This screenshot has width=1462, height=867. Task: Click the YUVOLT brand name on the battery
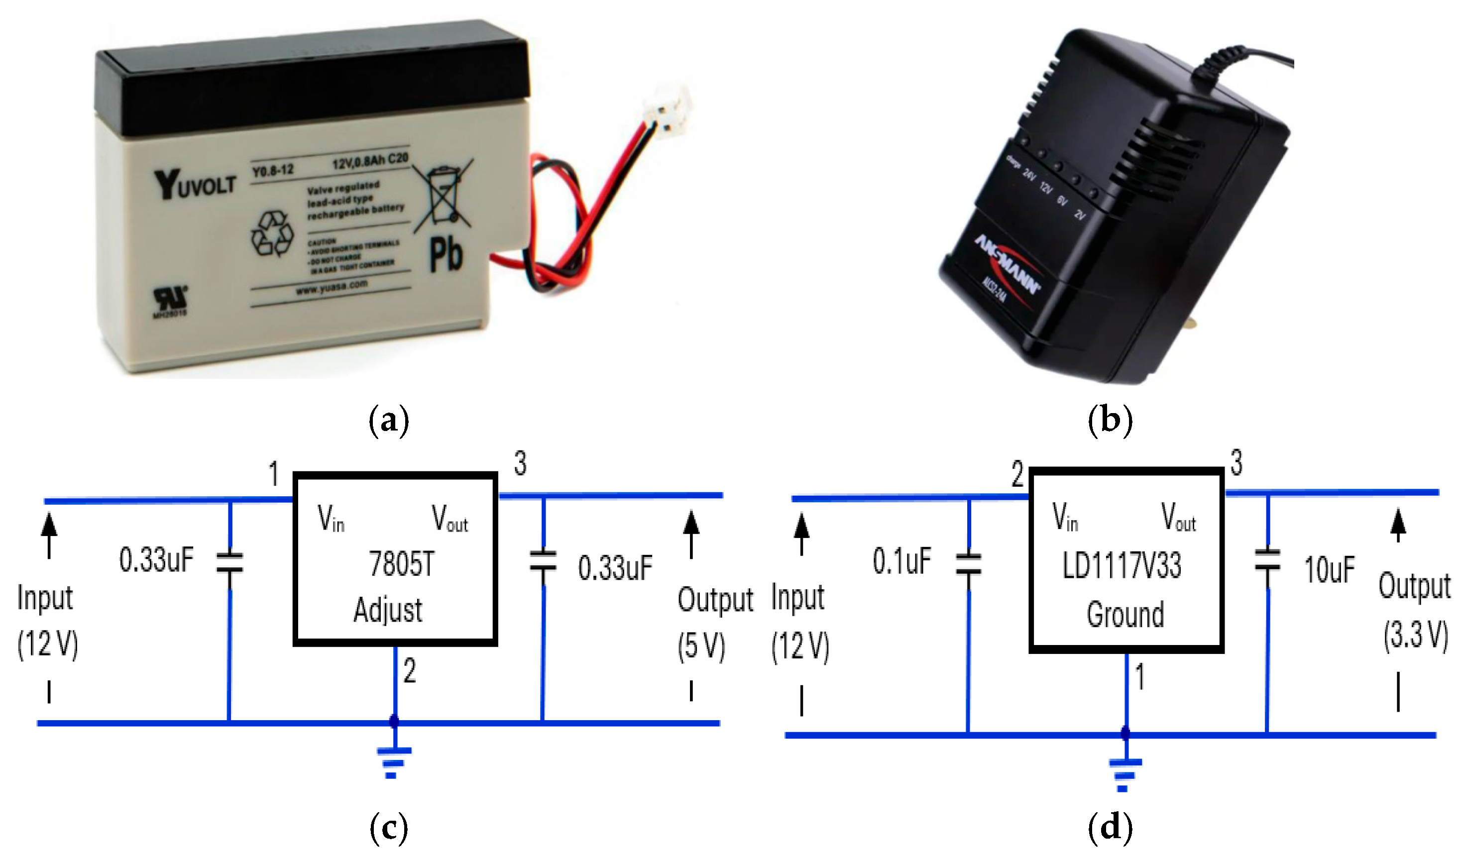195,185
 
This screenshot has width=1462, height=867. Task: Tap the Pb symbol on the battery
446,255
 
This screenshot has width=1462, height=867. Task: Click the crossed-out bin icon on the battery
444,196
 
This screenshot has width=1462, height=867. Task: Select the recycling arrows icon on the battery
272,234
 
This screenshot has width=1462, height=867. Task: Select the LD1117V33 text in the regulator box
1122,565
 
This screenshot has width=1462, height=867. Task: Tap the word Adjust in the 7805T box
388,610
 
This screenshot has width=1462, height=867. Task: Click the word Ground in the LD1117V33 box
1125,614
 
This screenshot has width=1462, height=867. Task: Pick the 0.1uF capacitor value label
901,561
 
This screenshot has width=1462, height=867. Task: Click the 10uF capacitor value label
1330,570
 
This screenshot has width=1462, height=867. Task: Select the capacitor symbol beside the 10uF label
1267,560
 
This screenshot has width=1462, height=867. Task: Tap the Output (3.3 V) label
1415,611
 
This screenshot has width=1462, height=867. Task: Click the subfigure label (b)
1110,420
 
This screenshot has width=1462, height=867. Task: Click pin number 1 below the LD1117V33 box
1139,677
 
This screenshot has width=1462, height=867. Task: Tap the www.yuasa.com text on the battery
332,287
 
